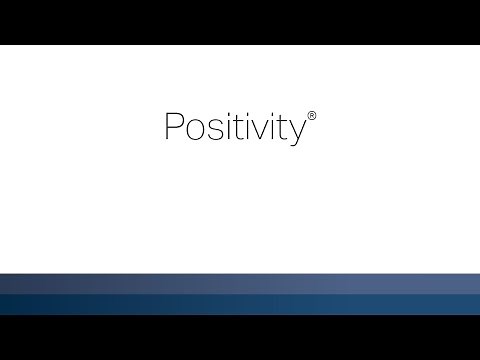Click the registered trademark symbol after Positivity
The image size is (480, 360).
311,116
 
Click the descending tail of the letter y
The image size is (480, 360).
284,144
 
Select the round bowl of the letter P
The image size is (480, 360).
175,122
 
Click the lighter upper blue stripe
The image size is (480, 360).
240,283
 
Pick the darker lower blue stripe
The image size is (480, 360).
240,304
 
